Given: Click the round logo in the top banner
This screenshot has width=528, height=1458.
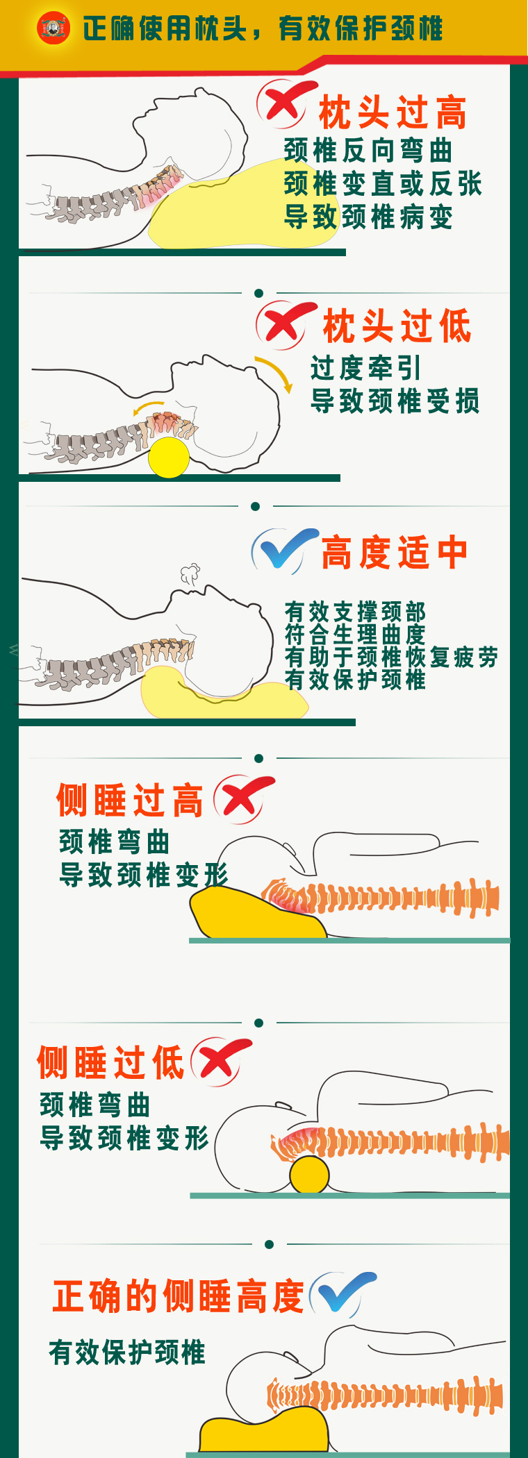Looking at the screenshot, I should (53, 28).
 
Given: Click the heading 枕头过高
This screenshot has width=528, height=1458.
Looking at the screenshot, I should (392, 113).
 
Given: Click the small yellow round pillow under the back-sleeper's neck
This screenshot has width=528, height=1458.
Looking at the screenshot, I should (169, 457).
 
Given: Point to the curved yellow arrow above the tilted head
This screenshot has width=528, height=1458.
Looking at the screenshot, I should (275, 374).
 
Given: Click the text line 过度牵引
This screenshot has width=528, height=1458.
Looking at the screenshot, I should (365, 368).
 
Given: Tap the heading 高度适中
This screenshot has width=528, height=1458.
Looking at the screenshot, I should (395, 553).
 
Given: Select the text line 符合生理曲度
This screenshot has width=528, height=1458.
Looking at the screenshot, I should (355, 635).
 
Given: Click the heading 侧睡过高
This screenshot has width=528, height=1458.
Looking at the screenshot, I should (130, 801).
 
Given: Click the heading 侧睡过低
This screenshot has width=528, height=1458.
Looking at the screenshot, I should (110, 1063).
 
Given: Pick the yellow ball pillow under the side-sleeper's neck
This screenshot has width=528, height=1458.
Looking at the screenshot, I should (309, 1175).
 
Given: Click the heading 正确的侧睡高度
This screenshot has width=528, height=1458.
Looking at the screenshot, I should (179, 1297).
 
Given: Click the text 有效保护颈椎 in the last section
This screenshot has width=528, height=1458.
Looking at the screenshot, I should (127, 1352).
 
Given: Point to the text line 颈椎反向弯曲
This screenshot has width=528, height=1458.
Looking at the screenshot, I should (368, 151).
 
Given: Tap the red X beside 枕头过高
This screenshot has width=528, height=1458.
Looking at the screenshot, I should (283, 104).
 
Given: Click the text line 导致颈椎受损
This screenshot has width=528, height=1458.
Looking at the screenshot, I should (395, 401).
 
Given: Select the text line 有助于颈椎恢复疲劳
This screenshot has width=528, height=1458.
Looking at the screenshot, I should (391, 657).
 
